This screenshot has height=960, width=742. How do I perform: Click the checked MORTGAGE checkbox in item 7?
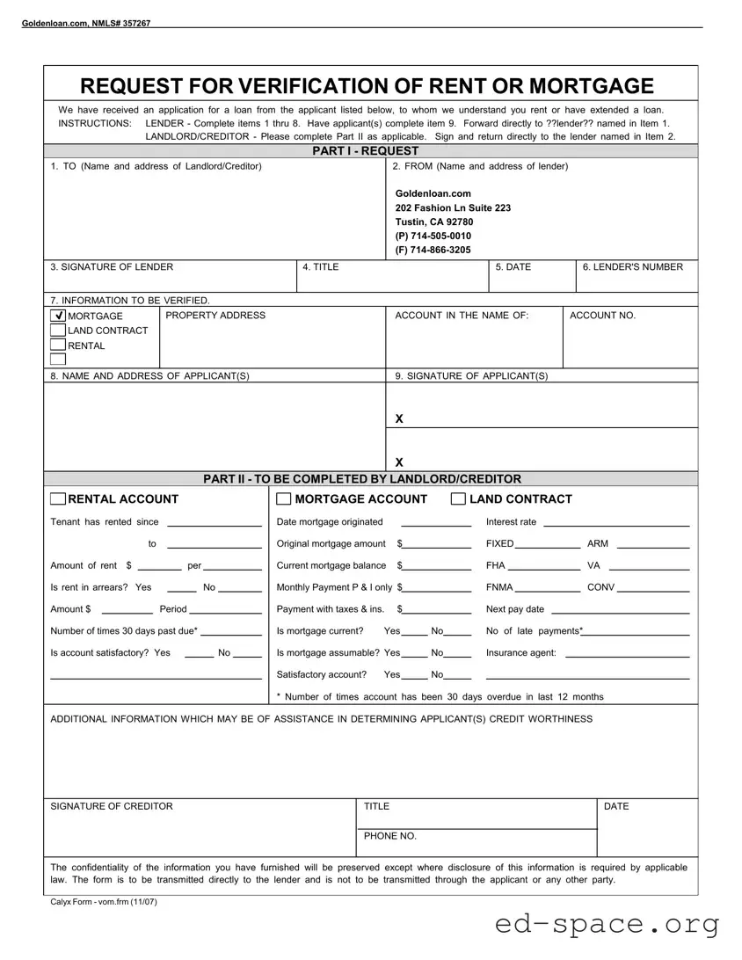(58, 316)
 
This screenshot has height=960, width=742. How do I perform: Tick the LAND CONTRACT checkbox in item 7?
(58, 331)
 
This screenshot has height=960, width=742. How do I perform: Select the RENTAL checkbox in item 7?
(58, 345)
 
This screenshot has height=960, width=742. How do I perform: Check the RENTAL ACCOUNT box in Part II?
(58, 499)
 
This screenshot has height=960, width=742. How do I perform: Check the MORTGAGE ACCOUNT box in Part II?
(284, 499)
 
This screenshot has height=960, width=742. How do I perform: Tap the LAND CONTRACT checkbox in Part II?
(458, 499)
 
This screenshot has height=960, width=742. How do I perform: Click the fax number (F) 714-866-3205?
(433, 250)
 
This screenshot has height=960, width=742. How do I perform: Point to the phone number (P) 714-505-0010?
(433, 236)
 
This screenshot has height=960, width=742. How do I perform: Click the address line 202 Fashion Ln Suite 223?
(453, 207)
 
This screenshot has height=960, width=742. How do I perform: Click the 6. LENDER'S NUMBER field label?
(632, 266)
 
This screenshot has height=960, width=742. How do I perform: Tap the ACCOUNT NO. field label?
(602, 315)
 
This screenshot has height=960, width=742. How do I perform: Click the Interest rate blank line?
(616, 523)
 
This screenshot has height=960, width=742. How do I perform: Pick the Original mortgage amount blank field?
(437, 545)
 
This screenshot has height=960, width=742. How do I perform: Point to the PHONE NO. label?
(390, 836)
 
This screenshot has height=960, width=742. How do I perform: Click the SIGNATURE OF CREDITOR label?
(112, 806)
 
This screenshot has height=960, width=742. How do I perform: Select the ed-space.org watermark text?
(607, 923)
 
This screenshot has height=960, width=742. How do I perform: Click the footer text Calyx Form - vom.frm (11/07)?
(104, 902)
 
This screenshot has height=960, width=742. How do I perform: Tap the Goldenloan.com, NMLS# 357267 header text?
(85, 23)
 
